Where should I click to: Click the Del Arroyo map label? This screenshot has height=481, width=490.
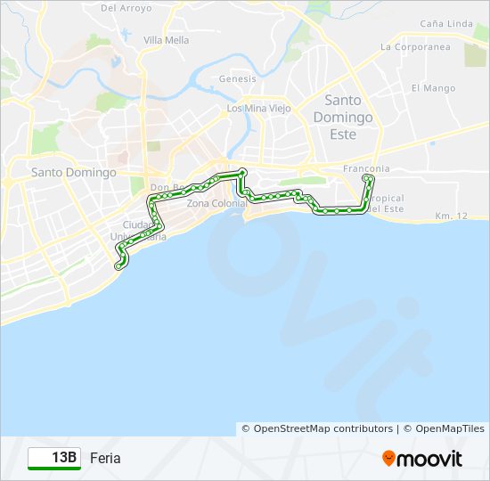(127, 7)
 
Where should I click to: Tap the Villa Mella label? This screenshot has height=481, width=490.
(166, 40)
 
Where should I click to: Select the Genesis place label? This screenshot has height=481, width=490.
(237, 78)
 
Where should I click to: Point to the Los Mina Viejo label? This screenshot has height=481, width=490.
(259, 108)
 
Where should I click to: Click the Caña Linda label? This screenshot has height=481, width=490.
(447, 23)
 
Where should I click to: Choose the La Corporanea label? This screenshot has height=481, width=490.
(414, 46)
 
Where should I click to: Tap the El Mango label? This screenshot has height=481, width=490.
(433, 88)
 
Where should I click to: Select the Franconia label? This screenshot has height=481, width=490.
(366, 168)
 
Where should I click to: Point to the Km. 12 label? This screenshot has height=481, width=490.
(451, 216)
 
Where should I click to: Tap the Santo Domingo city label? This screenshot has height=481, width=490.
(73, 172)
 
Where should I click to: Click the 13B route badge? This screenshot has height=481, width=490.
(54, 458)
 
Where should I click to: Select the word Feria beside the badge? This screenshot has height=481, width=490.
(105, 459)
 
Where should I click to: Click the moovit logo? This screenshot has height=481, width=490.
(422, 459)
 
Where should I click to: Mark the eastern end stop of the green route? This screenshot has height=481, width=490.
(368, 179)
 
